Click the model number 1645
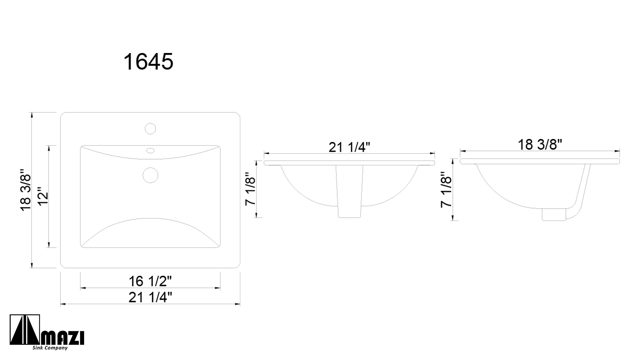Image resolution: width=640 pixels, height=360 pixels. [148, 62]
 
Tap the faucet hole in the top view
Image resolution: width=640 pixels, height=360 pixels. [150, 128]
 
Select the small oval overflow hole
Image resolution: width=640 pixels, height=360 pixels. [150, 151]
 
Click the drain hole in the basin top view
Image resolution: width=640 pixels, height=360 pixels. [150, 175]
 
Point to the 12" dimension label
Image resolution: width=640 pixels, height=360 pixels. [44, 199]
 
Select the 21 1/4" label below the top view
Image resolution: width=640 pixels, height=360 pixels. [150, 297]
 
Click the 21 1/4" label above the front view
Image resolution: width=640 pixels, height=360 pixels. [349, 147]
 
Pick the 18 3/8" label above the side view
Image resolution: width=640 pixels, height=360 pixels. [540, 145]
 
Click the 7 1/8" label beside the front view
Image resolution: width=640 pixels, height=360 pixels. [250, 189]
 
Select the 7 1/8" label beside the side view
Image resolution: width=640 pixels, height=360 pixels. [446, 190]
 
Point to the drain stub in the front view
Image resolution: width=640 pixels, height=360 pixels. [349, 193]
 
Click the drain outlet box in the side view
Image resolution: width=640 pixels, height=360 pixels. [554, 214]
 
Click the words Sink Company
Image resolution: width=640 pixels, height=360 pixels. [50, 348]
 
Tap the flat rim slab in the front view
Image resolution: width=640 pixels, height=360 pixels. [349, 163]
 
